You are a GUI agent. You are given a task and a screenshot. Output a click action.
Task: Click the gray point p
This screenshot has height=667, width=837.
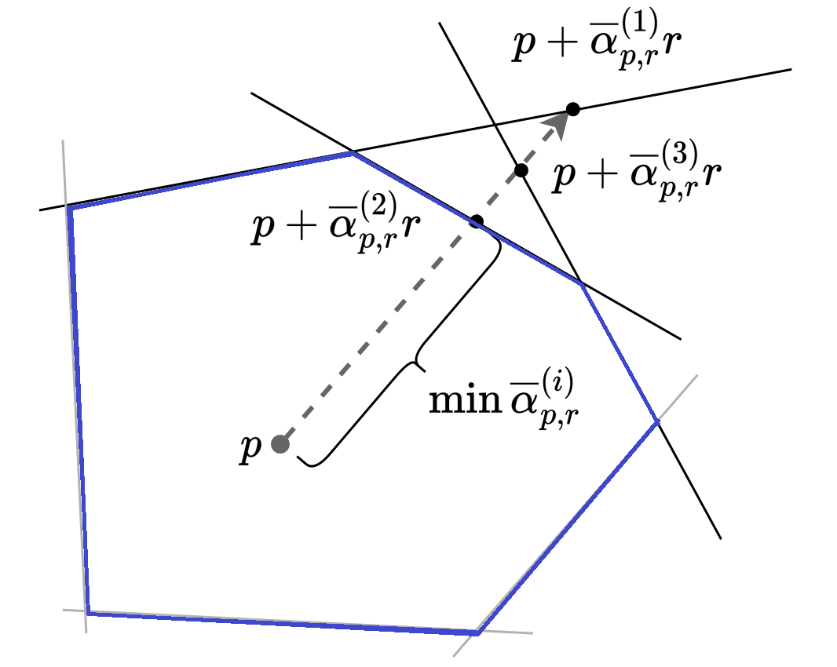click(x=280, y=444)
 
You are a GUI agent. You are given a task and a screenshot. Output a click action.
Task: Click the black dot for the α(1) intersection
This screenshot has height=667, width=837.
click(x=573, y=109)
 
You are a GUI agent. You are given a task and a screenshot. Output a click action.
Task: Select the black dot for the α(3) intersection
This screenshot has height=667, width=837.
click(x=520, y=169)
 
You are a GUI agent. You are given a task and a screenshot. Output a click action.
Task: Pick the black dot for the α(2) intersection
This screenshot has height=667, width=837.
click(x=476, y=221)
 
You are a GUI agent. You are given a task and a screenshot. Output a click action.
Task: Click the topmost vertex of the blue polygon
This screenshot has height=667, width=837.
click(x=353, y=153)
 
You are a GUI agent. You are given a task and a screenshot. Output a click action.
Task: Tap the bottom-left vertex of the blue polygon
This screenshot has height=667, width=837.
click(x=88, y=612)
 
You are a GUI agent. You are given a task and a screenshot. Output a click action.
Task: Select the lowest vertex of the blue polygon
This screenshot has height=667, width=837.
click(x=477, y=632)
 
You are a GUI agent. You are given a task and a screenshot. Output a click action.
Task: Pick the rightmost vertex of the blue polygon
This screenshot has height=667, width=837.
click(x=657, y=423)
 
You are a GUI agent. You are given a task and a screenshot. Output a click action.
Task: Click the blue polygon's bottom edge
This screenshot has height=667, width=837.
click(x=283, y=622)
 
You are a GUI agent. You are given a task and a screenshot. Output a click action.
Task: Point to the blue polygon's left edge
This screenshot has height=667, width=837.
click(x=79, y=408)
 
